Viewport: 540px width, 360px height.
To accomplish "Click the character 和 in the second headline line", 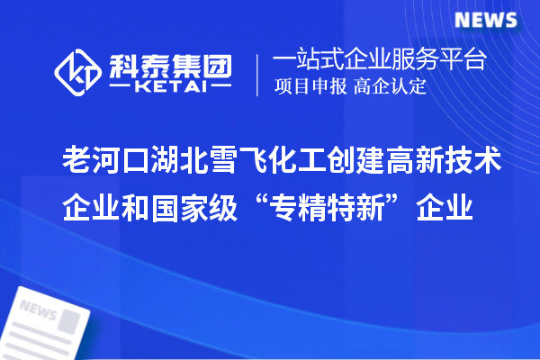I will tap(129, 210).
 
